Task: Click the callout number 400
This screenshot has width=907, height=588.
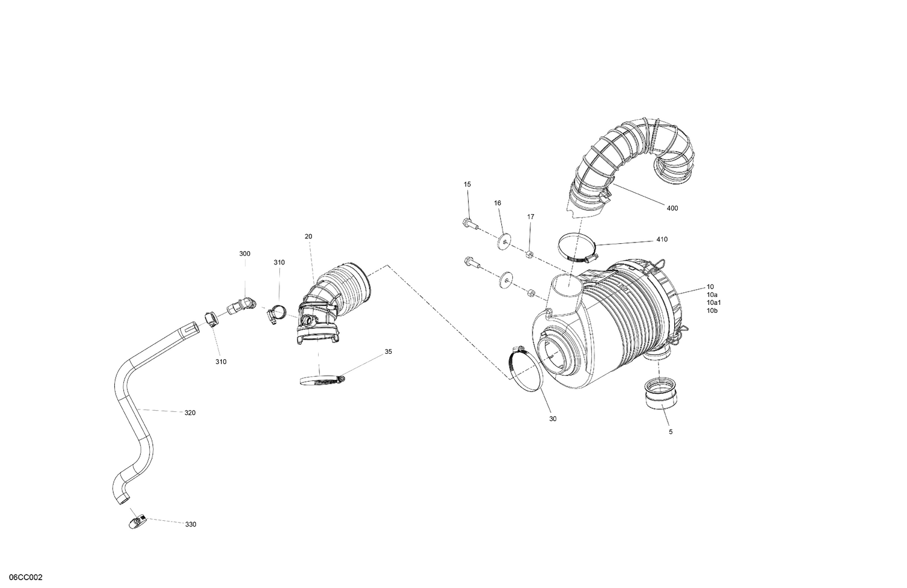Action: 672,208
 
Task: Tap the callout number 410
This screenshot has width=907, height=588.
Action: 662,240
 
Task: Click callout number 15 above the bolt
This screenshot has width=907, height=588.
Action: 467,184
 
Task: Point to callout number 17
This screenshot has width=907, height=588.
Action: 530,217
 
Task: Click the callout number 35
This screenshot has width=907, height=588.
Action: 388,351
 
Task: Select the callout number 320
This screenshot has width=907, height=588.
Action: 190,413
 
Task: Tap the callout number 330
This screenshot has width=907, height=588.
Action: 190,524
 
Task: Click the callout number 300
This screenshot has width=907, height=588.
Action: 244,254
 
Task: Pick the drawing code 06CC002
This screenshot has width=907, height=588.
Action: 22,578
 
